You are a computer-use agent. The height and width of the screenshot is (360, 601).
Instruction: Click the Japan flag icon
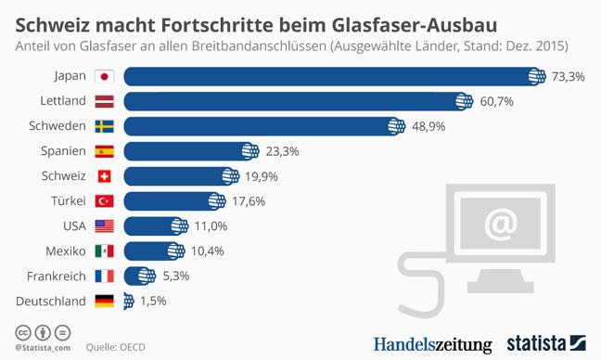[x=104, y=77]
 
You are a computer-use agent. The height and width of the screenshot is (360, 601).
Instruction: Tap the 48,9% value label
[x=428, y=126]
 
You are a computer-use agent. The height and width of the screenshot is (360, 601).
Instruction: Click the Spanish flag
[x=104, y=151]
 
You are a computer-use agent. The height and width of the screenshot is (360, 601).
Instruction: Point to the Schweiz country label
[x=64, y=176]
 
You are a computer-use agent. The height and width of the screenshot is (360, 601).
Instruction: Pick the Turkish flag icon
[x=104, y=201]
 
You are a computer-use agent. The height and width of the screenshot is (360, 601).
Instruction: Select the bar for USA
[x=156, y=226]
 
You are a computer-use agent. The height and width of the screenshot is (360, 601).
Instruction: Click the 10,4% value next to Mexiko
[x=208, y=251]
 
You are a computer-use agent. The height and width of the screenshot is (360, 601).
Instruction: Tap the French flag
[x=104, y=276]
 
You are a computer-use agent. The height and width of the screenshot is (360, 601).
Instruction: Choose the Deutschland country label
[x=51, y=302]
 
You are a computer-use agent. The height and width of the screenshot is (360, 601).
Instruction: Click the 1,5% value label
[x=153, y=301]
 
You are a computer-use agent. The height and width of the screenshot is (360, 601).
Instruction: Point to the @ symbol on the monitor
[x=501, y=223]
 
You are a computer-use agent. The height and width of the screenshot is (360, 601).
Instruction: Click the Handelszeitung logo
[x=433, y=344]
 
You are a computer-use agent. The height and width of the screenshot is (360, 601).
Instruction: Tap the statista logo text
[x=536, y=343]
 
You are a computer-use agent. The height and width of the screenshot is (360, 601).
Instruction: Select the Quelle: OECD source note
[x=115, y=347]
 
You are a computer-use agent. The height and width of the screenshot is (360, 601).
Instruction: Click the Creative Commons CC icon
[x=23, y=333]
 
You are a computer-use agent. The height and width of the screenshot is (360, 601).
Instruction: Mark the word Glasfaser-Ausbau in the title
[x=415, y=25]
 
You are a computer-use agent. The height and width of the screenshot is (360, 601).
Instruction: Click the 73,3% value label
[x=568, y=77]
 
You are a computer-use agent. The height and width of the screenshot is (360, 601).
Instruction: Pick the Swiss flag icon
[x=104, y=176]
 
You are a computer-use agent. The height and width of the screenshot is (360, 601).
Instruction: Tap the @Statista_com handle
[x=43, y=348]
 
